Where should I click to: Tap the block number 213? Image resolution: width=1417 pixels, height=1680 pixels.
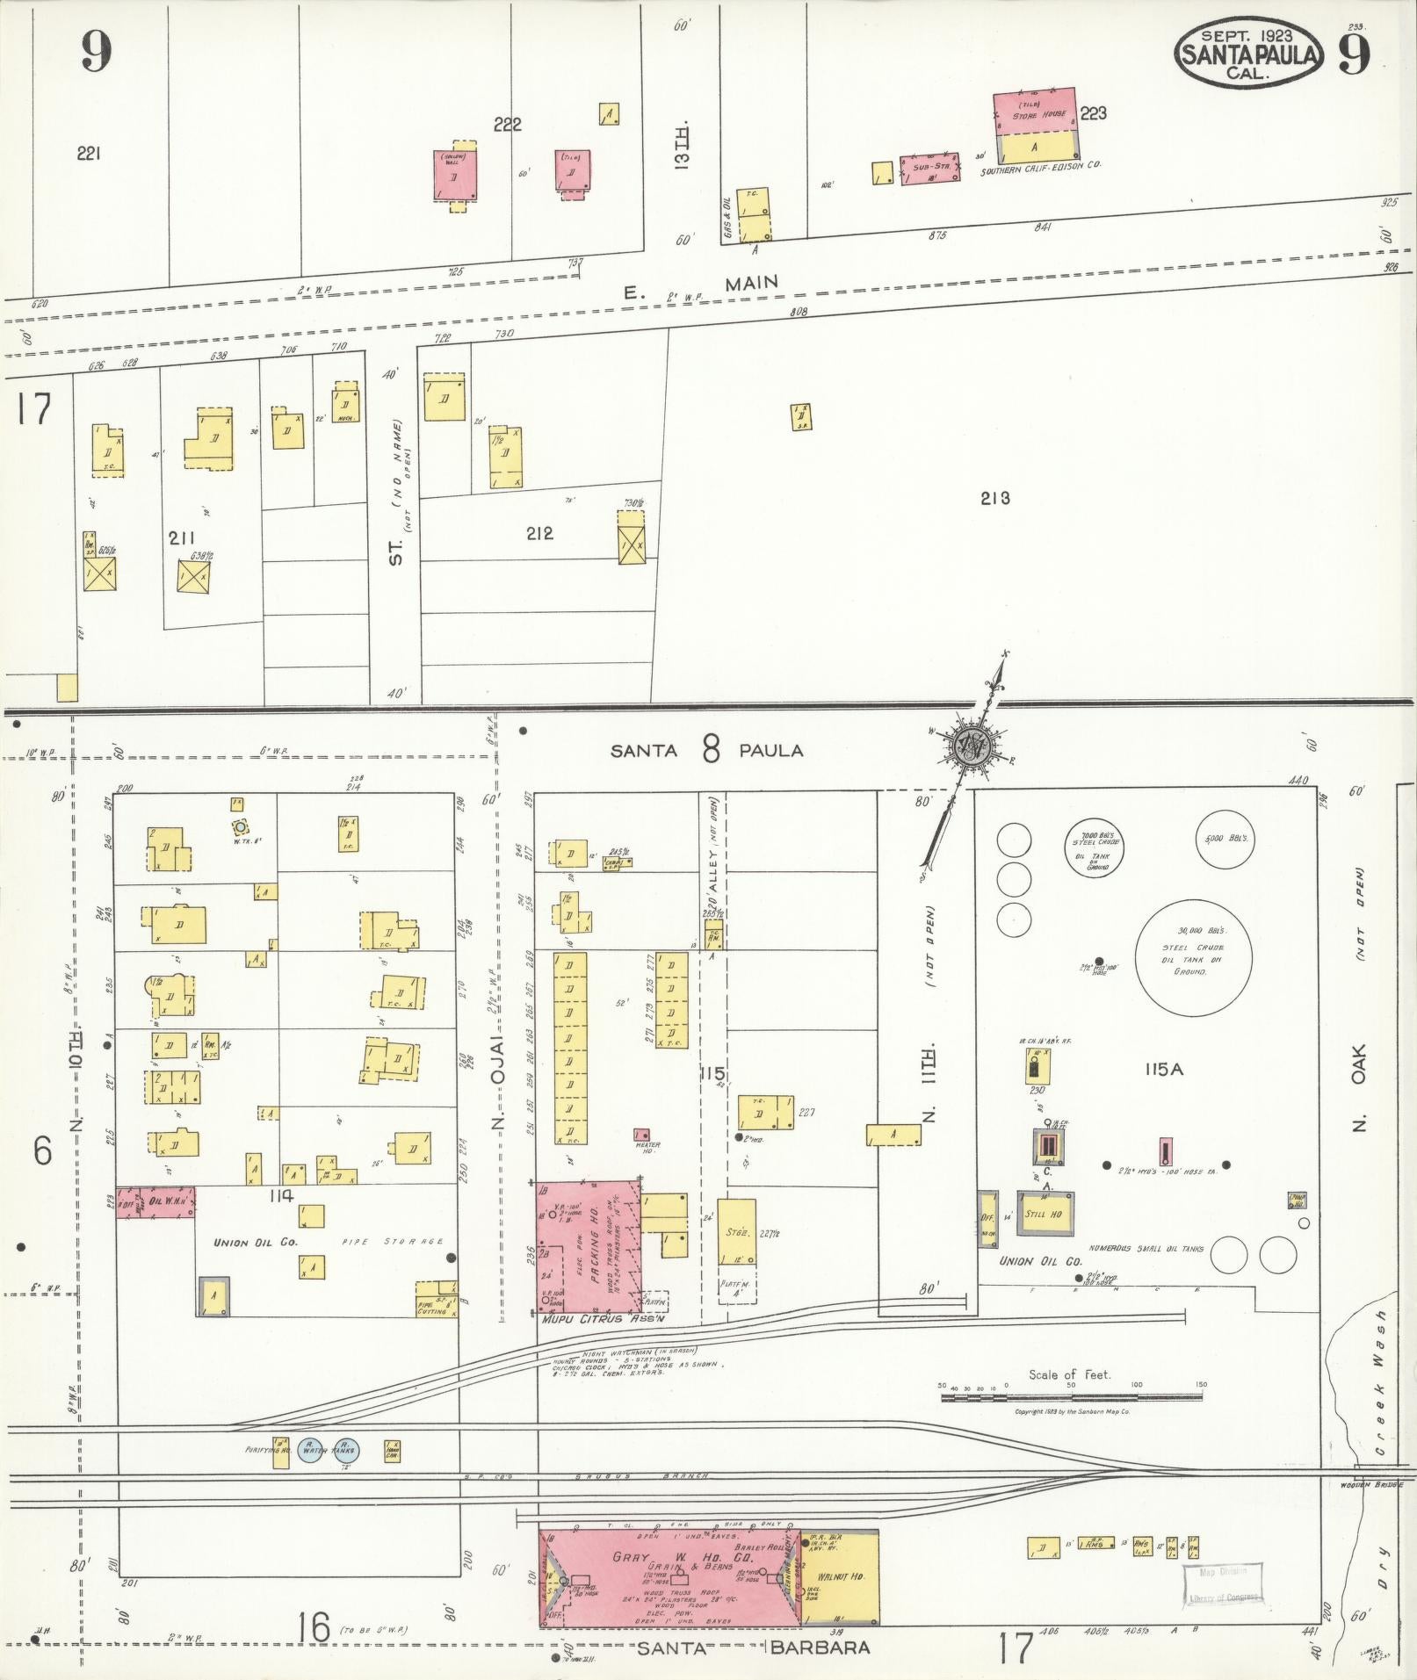994,499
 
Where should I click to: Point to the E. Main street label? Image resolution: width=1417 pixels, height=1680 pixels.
700,285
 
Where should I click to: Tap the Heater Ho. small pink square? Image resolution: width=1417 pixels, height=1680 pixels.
642,1135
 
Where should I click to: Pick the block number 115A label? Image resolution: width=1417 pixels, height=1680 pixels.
1165,1070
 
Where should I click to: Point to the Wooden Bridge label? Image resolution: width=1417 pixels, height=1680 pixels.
1377,1485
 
